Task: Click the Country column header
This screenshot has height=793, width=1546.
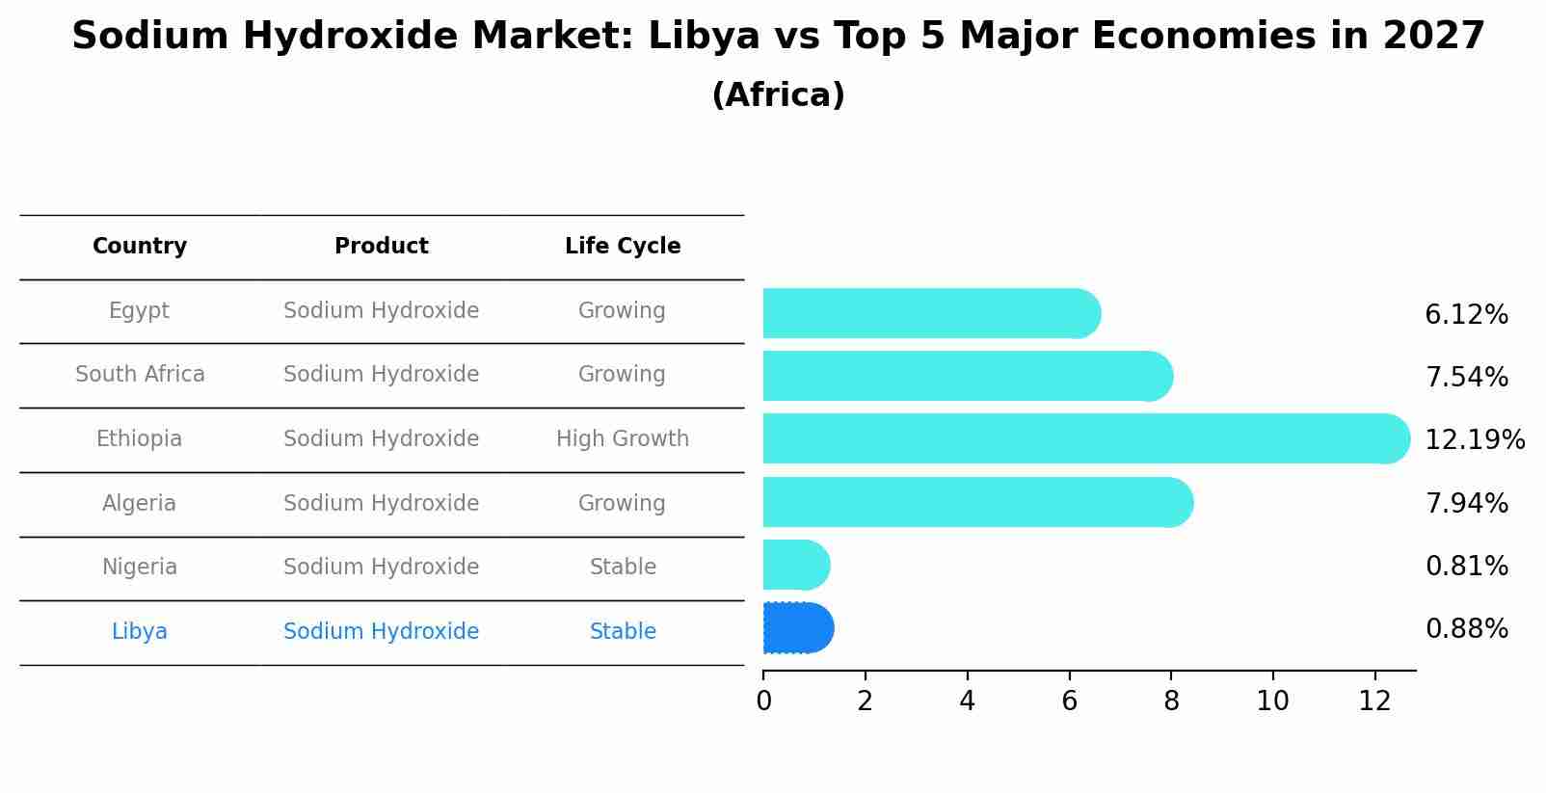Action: [x=140, y=247]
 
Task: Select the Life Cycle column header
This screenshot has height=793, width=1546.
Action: [x=623, y=247]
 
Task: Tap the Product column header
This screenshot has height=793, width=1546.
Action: [x=382, y=247]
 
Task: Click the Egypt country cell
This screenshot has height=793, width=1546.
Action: [x=139, y=311]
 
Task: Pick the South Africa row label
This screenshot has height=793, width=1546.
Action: [x=140, y=375]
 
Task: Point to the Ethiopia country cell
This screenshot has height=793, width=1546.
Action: [x=139, y=439]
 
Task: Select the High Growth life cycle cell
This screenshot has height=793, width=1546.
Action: [x=623, y=439]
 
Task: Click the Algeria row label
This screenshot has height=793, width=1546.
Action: [x=139, y=504]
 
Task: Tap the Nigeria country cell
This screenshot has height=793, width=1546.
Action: [x=140, y=568]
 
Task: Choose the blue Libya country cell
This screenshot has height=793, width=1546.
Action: [x=140, y=632]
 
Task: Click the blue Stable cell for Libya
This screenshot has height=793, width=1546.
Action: [x=623, y=632]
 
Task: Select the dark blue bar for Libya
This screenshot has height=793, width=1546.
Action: [x=797, y=628]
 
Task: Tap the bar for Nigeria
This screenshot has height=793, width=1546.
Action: [x=795, y=566]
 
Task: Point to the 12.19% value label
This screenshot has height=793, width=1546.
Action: [x=1474, y=440]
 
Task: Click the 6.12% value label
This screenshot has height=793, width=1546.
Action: [x=1466, y=315]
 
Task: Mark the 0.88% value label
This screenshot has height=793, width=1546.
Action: [x=1466, y=629]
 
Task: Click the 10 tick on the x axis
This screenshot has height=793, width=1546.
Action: [x=1272, y=701]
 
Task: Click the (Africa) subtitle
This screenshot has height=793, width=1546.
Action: [x=778, y=95]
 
